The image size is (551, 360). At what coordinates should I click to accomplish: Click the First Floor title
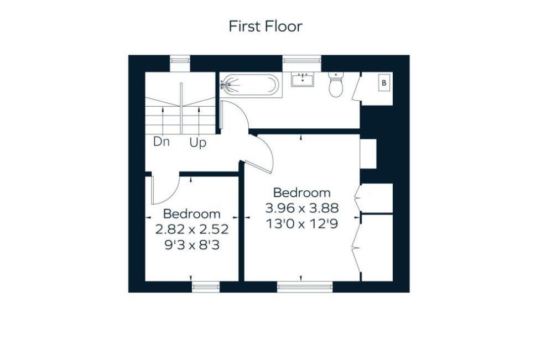[266, 26]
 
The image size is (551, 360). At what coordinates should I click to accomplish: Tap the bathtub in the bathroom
[249, 85]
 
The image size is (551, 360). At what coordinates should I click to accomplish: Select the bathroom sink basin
[303, 80]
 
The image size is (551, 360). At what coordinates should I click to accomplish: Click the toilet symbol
[336, 86]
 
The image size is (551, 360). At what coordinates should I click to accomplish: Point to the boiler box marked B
[383, 83]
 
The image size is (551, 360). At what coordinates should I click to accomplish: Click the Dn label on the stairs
[162, 142]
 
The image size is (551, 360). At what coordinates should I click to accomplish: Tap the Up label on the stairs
[197, 143]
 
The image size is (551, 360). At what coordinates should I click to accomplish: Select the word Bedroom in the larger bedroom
[302, 193]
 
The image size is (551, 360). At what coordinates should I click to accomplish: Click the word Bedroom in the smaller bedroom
[191, 213]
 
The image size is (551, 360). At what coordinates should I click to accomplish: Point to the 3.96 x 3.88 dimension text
[302, 208]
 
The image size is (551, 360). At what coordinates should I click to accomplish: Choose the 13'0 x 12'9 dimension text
[302, 224]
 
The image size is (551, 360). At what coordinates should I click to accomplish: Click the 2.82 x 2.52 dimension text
[191, 229]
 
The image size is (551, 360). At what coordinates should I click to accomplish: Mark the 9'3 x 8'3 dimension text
[191, 244]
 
